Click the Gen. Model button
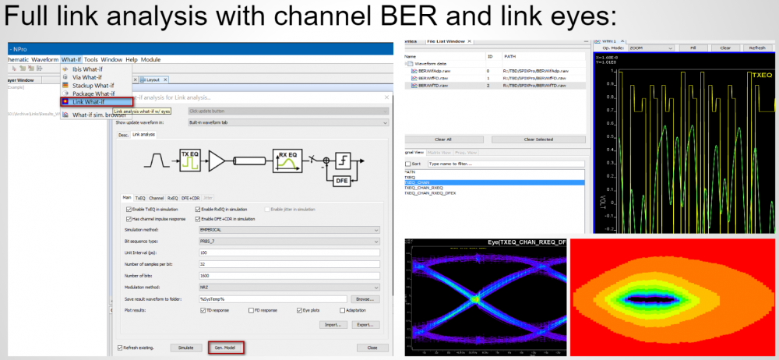pyautogui.click(x=226, y=347)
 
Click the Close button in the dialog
pyautogui.click(x=372, y=348)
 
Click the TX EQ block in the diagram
pyautogui.click(x=189, y=159)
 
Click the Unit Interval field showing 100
pyautogui.click(x=289, y=253)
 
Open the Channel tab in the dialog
pyautogui.click(x=157, y=198)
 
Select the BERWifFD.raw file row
pyautogui.click(x=432, y=78)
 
